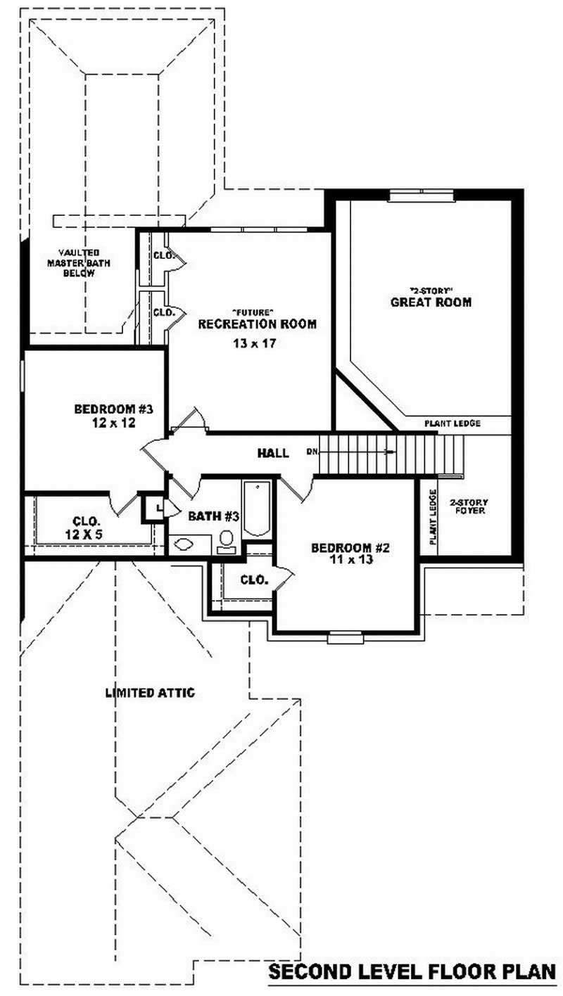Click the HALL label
click(x=272, y=454)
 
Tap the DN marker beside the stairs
click(x=311, y=451)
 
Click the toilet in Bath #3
click(x=227, y=540)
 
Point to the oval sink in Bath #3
click(x=184, y=544)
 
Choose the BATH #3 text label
click(x=214, y=516)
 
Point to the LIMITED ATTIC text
click(x=150, y=693)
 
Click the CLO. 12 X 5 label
click(x=87, y=528)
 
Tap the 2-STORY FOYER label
click(x=469, y=506)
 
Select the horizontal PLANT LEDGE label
click(x=452, y=424)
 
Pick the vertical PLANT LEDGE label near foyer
click(x=432, y=517)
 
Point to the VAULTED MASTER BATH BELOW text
click(x=79, y=262)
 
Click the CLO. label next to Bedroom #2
click(x=253, y=580)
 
